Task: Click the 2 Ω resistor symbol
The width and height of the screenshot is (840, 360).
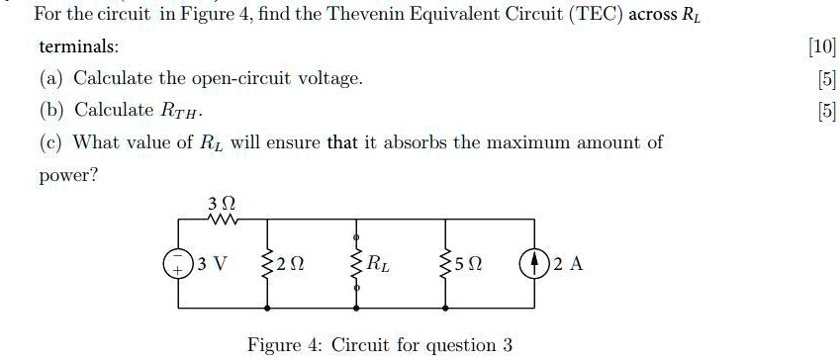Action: (265, 265)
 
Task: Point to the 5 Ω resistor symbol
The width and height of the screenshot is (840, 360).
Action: (447, 265)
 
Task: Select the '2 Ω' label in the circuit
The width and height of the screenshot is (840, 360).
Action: (287, 265)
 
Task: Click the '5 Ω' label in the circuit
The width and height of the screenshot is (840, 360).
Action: (469, 265)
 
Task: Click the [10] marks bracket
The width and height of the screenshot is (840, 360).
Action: (822, 46)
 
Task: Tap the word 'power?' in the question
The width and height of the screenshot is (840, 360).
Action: (67, 175)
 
